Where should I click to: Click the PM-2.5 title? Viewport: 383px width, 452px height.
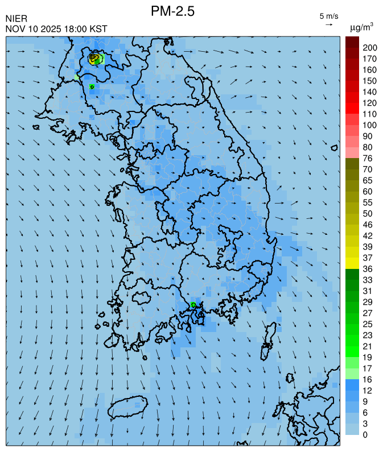point(173,11)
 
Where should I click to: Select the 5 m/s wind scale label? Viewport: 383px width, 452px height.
point(329,16)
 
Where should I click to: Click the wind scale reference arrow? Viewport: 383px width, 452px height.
point(329,24)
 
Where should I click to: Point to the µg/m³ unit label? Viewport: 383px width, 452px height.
point(361,27)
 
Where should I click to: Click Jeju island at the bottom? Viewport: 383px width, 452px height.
point(128,408)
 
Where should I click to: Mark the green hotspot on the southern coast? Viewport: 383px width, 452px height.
point(193,305)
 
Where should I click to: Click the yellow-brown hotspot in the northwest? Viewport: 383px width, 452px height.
point(95,58)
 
